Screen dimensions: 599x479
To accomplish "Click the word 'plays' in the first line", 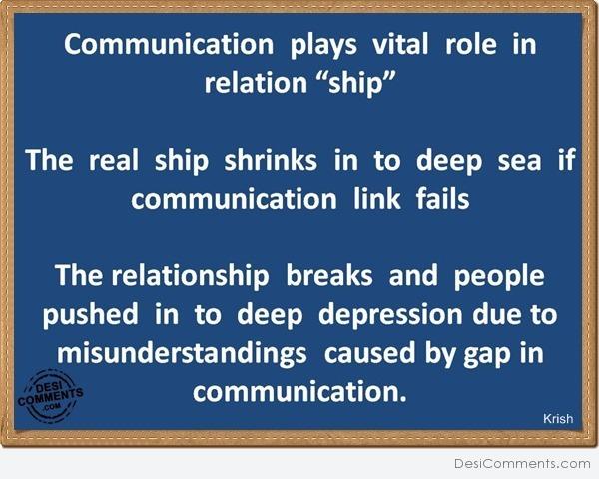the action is tap(323, 46).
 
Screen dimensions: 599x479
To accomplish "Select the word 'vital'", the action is tap(400, 44).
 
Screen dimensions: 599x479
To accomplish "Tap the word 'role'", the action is tap(471, 44).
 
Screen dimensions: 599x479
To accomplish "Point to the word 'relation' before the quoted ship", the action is tap(256, 82).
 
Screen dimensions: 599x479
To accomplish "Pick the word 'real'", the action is tap(114, 159).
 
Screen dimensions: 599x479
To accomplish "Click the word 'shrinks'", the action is tap(271, 159).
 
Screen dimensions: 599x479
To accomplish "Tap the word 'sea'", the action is tap(519, 161).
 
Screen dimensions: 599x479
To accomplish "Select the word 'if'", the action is tap(566, 159).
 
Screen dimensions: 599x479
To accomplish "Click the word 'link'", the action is tap(377, 198).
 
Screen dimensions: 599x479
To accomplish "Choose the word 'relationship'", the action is tap(190, 277).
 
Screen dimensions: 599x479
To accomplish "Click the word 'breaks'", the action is tap(328, 275).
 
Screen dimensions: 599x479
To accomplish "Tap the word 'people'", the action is tap(499, 277).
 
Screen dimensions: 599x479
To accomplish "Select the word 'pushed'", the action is tap(90, 315).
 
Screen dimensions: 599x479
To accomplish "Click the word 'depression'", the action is tap(390, 315).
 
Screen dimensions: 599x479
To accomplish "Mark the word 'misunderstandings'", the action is tap(182, 354).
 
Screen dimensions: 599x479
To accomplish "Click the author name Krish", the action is tap(558, 419).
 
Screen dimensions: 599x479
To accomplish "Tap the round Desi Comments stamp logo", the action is tap(50, 396).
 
